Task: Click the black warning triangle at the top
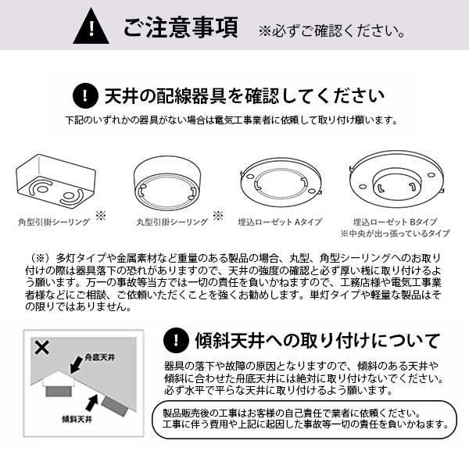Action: [91, 27]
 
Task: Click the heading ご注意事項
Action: [181, 27]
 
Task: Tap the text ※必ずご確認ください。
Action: [331, 30]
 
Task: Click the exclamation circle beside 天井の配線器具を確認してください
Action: [85, 95]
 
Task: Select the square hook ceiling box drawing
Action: [55, 180]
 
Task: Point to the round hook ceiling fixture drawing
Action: [167, 183]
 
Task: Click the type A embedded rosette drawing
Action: [281, 182]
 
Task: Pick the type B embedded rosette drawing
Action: [396, 179]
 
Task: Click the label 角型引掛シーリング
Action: [54, 222]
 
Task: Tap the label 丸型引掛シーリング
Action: [172, 222]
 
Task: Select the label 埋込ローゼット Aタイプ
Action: [280, 222]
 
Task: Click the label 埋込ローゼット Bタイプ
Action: [395, 222]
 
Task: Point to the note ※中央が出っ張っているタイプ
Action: [395, 233]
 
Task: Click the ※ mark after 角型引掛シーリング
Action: [101, 216]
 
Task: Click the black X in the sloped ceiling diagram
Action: [42, 348]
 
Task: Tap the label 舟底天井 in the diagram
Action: [99, 357]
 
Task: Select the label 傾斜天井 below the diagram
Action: [77, 419]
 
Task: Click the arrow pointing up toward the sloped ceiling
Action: [92, 403]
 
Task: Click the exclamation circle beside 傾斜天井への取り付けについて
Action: [176, 340]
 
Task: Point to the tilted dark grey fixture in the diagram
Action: [115, 406]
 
